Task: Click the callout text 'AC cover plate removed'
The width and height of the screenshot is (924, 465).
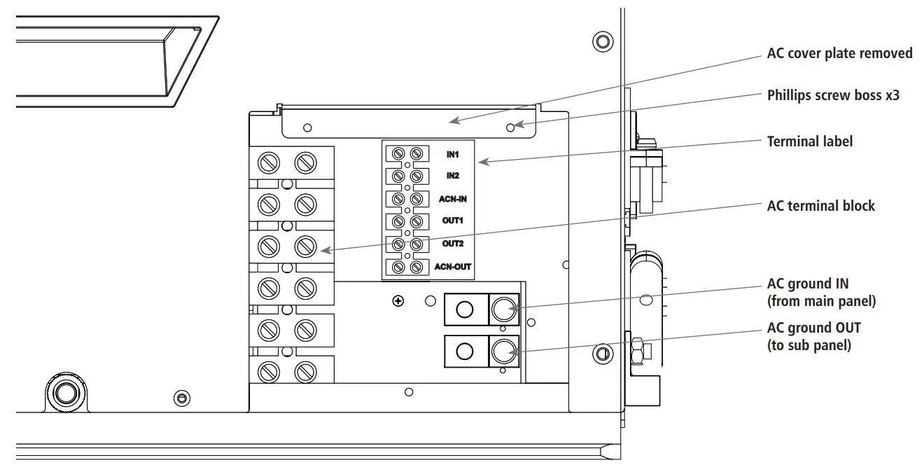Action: pos(839,53)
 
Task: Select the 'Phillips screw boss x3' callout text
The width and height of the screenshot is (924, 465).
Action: pos(833,95)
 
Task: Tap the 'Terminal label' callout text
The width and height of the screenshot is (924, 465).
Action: pos(810,141)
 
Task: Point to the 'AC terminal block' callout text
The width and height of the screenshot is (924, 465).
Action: pos(820,206)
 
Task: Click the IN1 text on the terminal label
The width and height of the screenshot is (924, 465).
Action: pos(452,153)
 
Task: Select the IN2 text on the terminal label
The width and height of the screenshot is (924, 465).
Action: pos(452,176)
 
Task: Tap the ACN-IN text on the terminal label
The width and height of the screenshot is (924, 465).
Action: pos(452,199)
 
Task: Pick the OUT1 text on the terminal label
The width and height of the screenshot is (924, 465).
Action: pos(452,221)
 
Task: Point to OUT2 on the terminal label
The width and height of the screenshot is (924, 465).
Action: pos(452,244)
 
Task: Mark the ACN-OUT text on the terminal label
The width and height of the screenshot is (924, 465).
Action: pos(452,267)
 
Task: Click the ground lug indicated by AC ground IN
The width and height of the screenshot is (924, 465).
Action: pos(503,309)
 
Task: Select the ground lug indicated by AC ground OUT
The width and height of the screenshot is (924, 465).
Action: pos(503,352)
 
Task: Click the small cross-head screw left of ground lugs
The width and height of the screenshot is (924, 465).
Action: pos(398,301)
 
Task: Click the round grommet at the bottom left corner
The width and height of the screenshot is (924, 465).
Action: pos(65,392)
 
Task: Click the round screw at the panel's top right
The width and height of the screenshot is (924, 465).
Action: pos(602,41)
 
